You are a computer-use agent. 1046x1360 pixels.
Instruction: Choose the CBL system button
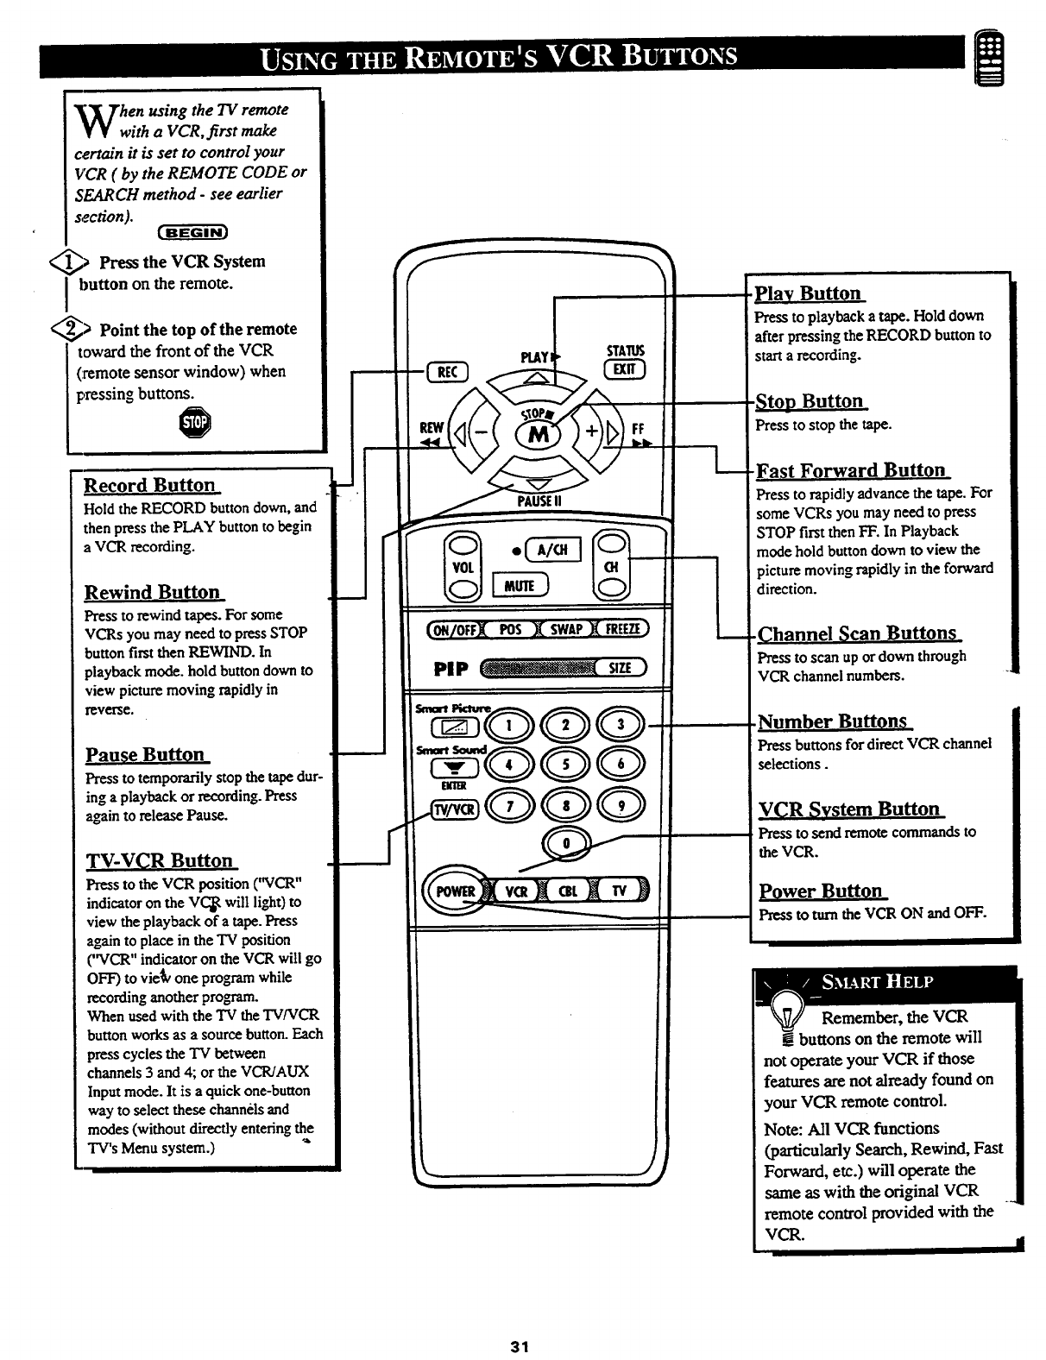click(x=570, y=891)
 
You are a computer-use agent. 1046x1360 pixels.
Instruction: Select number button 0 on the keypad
click(x=564, y=842)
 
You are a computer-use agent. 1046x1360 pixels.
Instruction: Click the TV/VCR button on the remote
click(x=454, y=809)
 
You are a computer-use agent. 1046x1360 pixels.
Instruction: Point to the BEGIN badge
click(x=193, y=231)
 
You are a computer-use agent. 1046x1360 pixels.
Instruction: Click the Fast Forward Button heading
click(x=851, y=470)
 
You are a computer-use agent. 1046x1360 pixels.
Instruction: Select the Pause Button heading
click(x=146, y=755)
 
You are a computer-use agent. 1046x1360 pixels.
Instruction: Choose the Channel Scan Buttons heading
click(x=858, y=633)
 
